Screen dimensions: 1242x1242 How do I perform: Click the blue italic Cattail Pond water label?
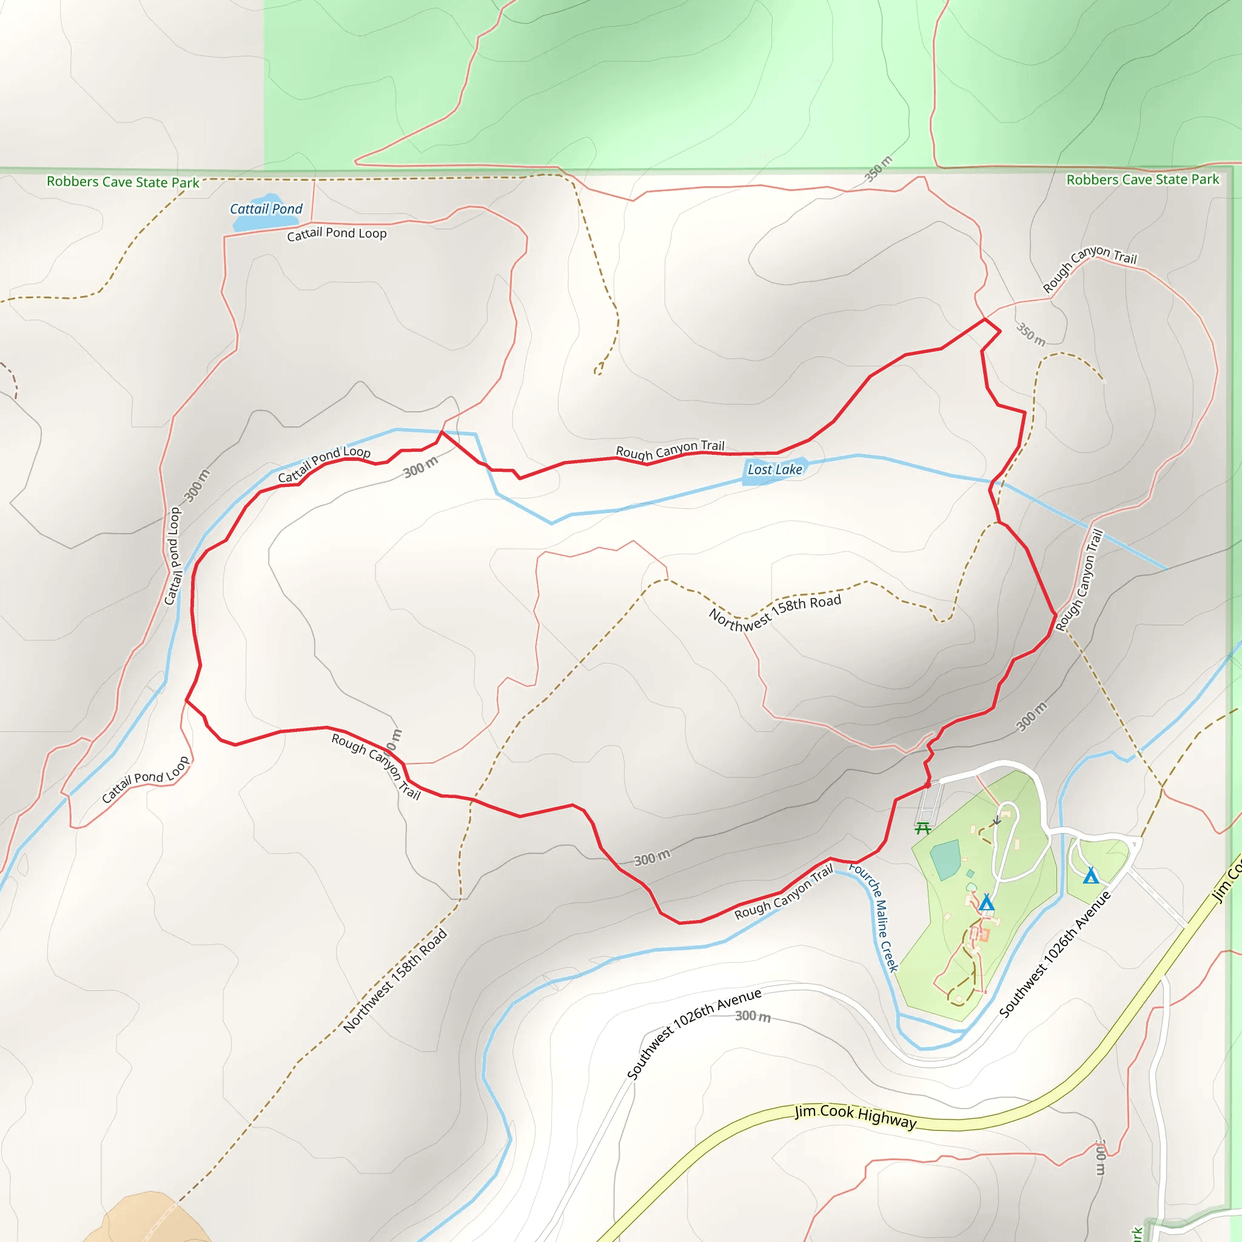266,209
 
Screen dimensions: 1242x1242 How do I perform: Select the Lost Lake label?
774,470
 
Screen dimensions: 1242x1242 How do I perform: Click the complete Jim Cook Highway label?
855,1116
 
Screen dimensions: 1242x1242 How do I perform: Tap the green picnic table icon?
922,828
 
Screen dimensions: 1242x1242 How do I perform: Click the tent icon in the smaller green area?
1090,876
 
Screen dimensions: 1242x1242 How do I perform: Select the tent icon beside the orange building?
987,903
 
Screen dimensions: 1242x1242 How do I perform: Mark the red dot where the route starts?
928,785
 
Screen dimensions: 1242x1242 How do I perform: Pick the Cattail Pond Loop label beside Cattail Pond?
337,233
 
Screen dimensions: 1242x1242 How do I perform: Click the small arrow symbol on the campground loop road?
997,821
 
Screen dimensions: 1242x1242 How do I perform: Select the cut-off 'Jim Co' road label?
1227,881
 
